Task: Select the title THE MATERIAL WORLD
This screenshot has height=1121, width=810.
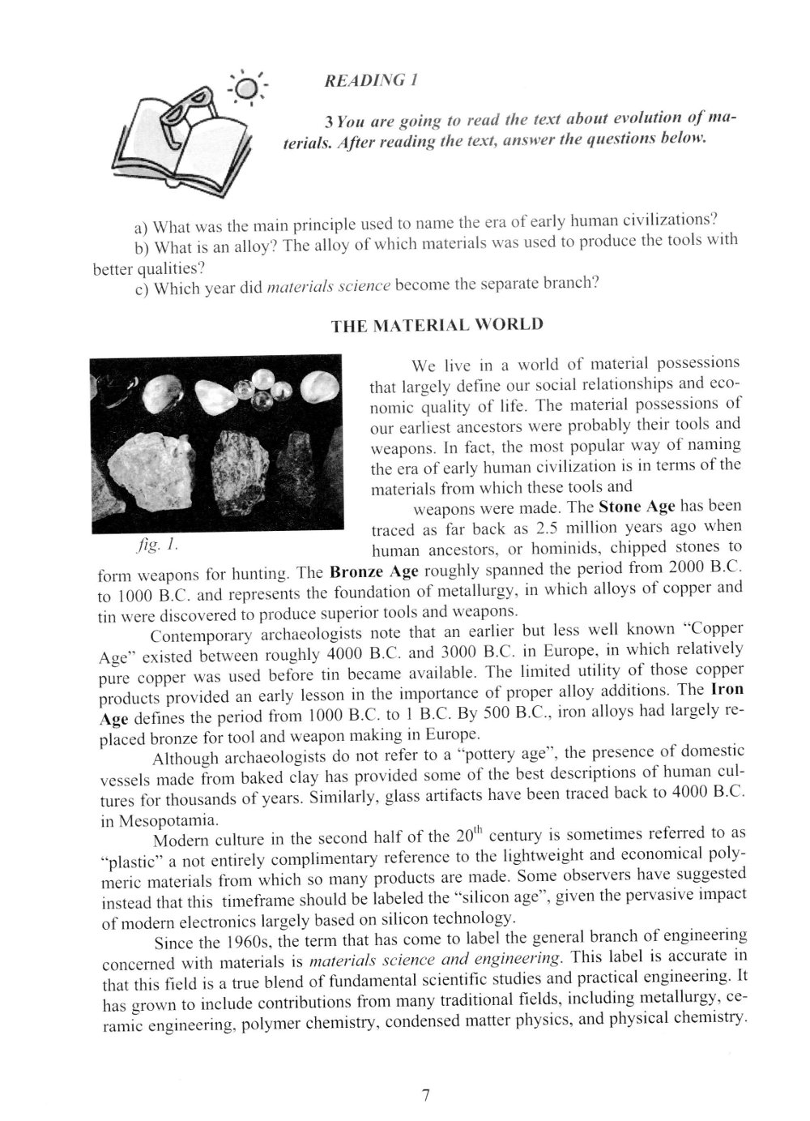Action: [437, 325]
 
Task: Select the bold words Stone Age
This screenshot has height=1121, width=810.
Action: [636, 507]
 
